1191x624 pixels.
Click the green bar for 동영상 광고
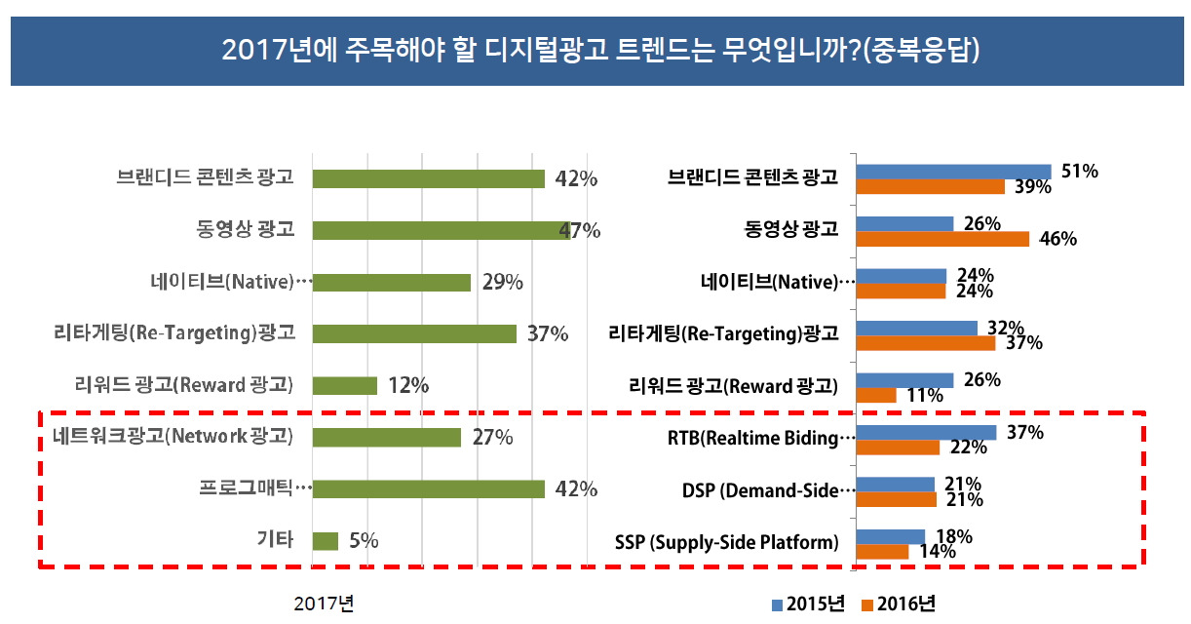coord(441,230)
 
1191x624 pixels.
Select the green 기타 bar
coord(325,540)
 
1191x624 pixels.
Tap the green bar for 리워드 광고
coord(344,385)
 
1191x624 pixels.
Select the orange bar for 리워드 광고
coord(875,395)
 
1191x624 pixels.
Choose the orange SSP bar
coord(881,552)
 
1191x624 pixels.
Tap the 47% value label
coord(580,231)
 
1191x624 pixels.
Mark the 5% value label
coord(363,540)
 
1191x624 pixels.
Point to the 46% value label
coord(1057,239)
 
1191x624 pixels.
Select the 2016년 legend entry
coord(899,604)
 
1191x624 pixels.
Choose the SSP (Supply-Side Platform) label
coord(727,543)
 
